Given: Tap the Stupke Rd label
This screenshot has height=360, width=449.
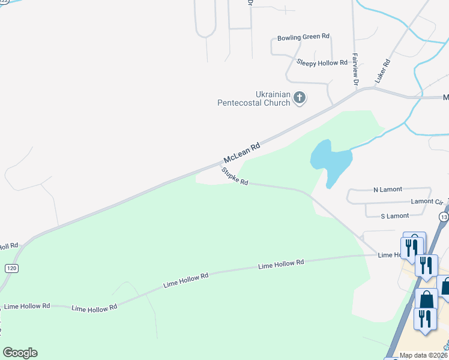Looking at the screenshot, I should [x=235, y=177].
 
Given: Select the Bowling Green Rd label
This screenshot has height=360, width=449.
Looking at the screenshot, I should [x=303, y=37].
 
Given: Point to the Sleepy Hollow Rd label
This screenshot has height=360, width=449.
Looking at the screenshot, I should [x=322, y=62].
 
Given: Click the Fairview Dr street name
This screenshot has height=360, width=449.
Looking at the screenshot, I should [x=355, y=68].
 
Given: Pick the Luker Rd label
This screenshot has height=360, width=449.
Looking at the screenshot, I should [x=382, y=70].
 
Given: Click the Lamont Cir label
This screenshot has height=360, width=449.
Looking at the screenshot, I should [x=426, y=202].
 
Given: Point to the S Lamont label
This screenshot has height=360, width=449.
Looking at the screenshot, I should [x=395, y=216].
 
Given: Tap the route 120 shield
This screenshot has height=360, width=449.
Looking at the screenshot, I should [x=11, y=268].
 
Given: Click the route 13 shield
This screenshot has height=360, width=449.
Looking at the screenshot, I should [x=444, y=216].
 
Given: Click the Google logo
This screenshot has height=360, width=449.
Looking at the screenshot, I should [x=20, y=353].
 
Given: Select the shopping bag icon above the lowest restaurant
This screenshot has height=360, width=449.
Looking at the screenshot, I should [x=426, y=298].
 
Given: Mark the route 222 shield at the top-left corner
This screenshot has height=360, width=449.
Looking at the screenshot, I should [x=4, y=2].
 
